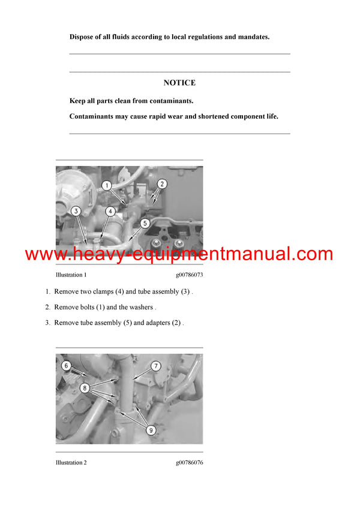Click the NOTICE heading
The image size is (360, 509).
pyautogui.click(x=179, y=83)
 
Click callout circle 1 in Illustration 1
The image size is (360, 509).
pyautogui.click(x=106, y=186)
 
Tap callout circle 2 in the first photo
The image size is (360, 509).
pyautogui.click(x=162, y=184)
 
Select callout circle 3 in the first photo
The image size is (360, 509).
pyautogui.click(x=76, y=211)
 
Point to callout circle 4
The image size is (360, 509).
pyautogui.click(x=110, y=211)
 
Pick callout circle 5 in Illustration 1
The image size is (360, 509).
pyautogui.click(x=145, y=224)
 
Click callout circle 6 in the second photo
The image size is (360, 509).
pyautogui.click(x=67, y=365)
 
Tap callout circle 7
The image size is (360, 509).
pyautogui.click(x=155, y=365)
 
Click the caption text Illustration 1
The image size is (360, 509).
pyautogui.click(x=71, y=275)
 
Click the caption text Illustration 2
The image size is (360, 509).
pyautogui.click(x=71, y=462)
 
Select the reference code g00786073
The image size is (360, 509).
pyautogui.click(x=189, y=275)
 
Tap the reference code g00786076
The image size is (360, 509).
pyautogui.click(x=189, y=462)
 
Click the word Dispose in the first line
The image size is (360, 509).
pyautogui.click(x=82, y=37)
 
